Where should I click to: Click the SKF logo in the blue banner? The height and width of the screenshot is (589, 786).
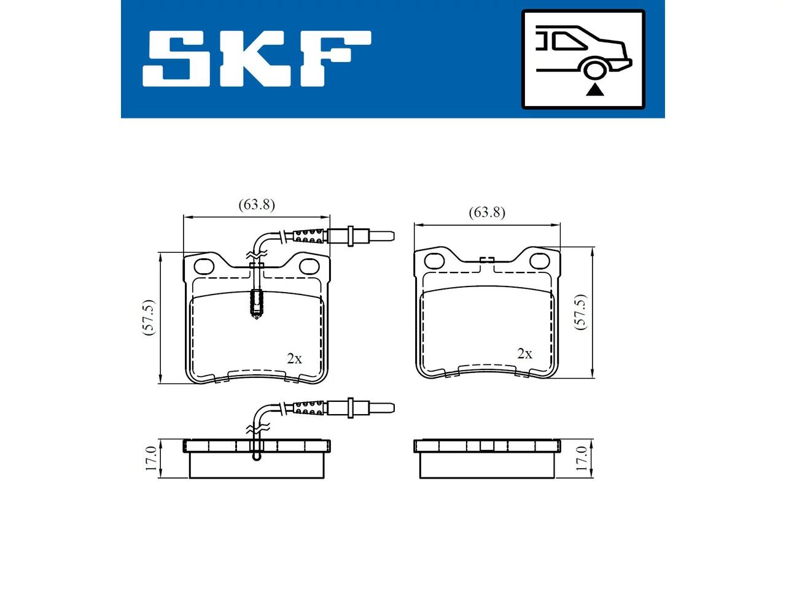pos(257,59)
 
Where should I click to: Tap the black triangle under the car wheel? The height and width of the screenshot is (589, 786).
pos(595,90)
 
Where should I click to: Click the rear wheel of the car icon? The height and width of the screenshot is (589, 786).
pos(594,69)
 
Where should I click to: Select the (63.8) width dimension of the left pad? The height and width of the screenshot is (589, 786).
pos(257,205)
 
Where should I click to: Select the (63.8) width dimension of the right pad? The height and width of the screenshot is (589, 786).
pos(487,213)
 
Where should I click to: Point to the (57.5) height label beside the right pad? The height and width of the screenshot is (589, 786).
pos(580,312)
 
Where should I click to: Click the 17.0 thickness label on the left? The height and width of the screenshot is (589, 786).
pos(151,458)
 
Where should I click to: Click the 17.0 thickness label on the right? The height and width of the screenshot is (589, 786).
pos(582,458)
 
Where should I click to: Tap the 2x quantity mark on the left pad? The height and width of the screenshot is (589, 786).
pos(294,358)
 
